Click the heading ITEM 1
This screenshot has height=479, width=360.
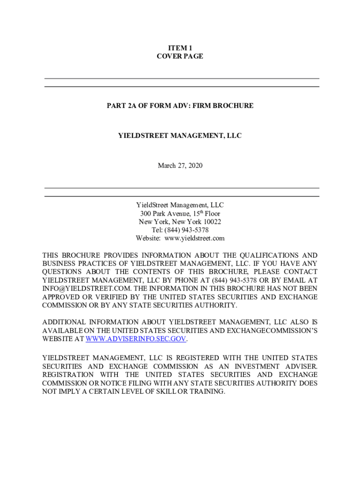pos(180,48)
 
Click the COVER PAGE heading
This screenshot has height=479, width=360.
pos(180,56)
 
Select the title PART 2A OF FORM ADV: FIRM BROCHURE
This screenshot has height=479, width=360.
pos(180,106)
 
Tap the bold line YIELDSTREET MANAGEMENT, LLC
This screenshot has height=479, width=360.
pos(180,136)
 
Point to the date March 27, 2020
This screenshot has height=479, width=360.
pos(180,166)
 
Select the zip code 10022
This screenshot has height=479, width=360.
pos(210,222)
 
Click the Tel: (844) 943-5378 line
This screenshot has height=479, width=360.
pos(180,230)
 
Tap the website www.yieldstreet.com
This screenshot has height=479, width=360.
pos(194,239)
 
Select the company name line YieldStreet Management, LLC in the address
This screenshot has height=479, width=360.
pos(180,205)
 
